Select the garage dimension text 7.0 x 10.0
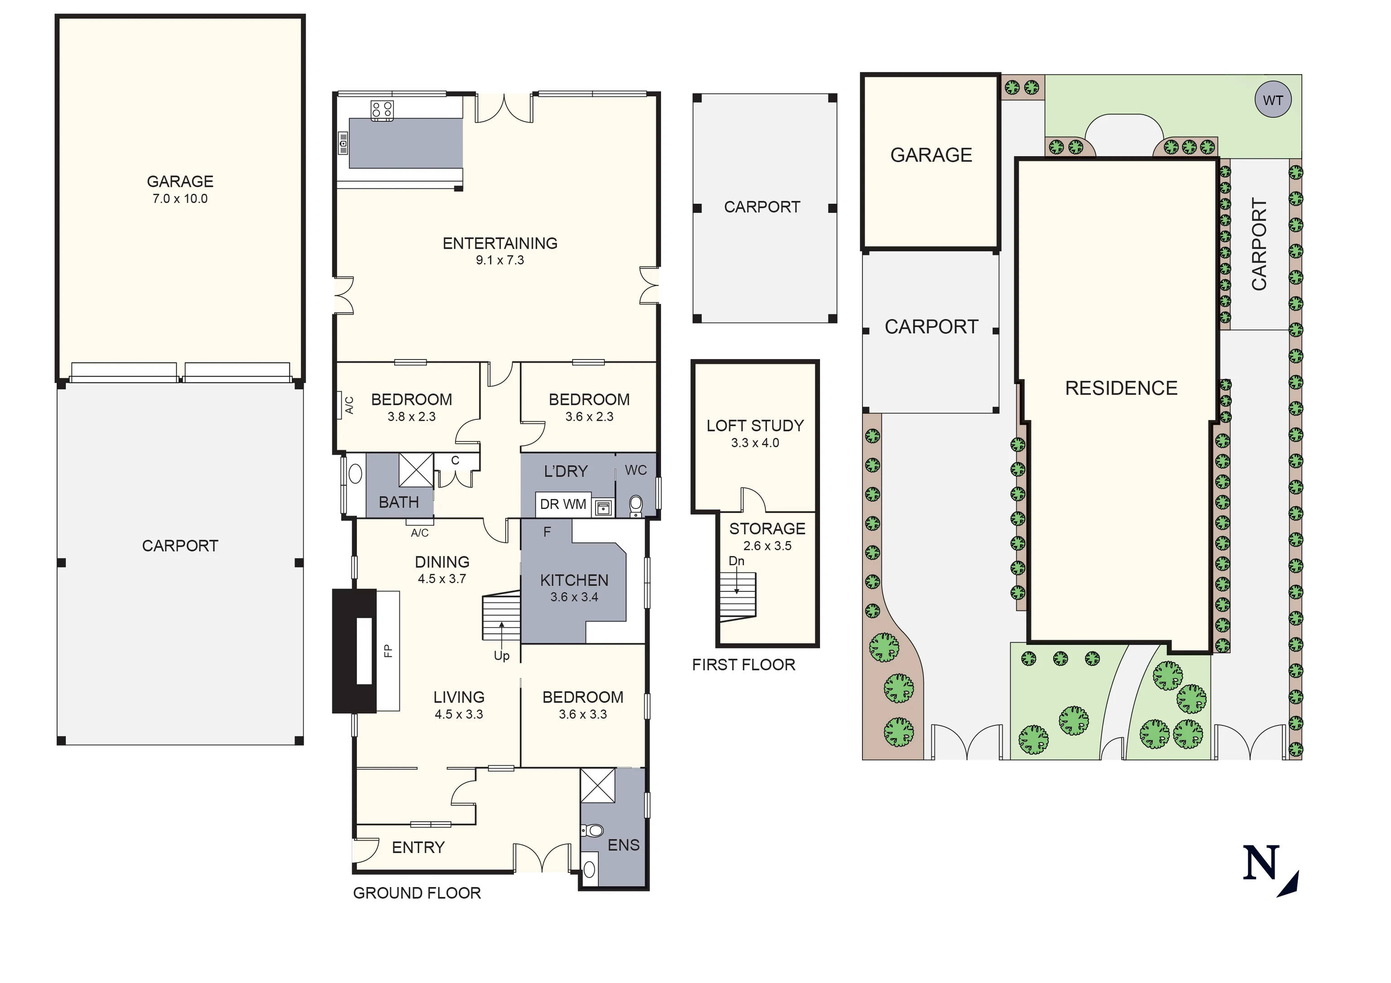(180, 199)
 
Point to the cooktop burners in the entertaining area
(382, 110)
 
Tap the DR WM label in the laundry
(563, 504)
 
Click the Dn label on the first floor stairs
(736, 561)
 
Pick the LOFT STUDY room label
(755, 426)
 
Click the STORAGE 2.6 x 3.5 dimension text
(767, 546)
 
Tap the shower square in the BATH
(416, 470)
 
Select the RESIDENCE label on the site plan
(1121, 388)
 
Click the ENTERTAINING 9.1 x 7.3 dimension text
(500, 260)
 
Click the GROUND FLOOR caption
(417, 893)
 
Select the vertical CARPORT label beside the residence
(1259, 244)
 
